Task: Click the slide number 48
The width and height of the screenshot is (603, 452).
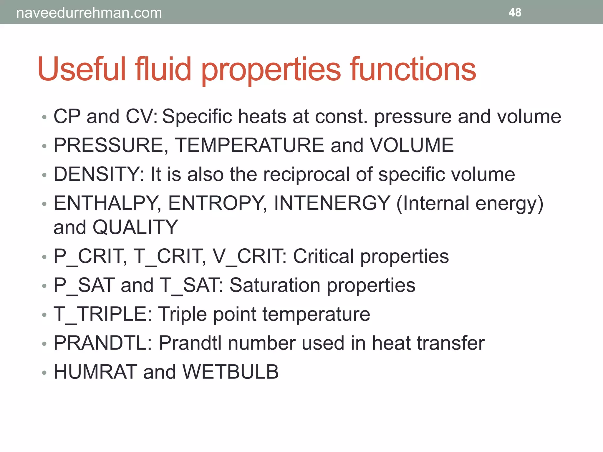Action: point(515,12)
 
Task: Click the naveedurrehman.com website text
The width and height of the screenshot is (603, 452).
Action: point(89,13)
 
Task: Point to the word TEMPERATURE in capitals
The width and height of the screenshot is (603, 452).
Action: point(249,145)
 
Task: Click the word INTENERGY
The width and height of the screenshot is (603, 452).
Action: point(332,203)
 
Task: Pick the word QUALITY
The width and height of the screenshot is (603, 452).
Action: point(135,227)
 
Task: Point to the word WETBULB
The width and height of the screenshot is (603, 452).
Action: point(230,372)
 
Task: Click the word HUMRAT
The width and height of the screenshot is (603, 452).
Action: point(95,372)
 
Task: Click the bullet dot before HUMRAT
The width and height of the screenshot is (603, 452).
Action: point(44,373)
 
